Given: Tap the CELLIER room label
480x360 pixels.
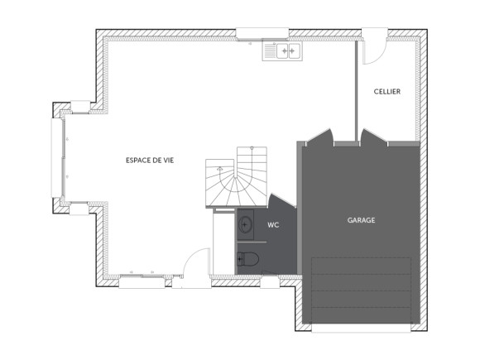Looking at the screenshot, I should [x=386, y=92].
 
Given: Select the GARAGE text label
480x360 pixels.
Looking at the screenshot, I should [x=361, y=220].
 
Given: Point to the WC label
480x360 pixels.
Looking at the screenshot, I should [x=272, y=224].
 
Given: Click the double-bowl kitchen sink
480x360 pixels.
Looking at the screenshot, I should [x=283, y=51].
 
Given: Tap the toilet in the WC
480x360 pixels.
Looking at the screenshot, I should [x=247, y=259].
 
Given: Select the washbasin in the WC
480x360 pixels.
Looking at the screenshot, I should [x=247, y=223].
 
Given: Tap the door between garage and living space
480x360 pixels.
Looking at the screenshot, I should [x=319, y=137].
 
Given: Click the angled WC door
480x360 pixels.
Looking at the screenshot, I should [x=276, y=202].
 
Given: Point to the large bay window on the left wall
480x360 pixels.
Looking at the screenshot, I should [x=58, y=158].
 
